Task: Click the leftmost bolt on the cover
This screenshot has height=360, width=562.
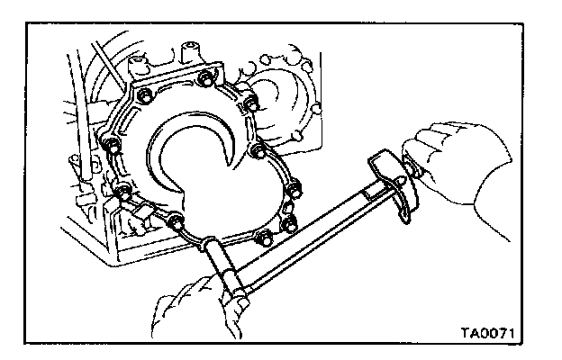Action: coord(107,144)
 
